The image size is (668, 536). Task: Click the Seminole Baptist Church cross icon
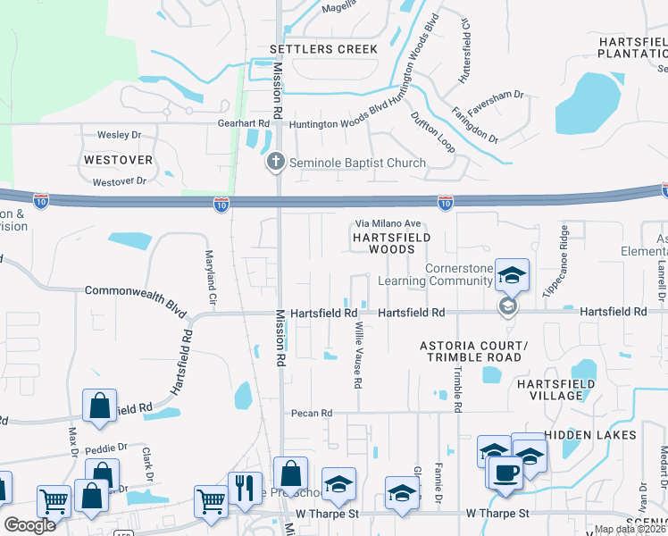click(277, 163)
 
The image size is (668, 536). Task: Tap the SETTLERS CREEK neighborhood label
click(325, 49)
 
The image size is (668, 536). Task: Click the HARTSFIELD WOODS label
click(391, 244)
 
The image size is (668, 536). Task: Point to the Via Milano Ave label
click(388, 223)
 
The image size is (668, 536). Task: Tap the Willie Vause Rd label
click(358, 355)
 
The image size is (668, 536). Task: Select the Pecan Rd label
click(311, 413)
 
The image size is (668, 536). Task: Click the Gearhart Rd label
click(244, 123)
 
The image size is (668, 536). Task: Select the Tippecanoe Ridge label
click(554, 260)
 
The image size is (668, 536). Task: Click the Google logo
click(29, 525)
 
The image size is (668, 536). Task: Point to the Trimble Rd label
click(457, 389)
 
